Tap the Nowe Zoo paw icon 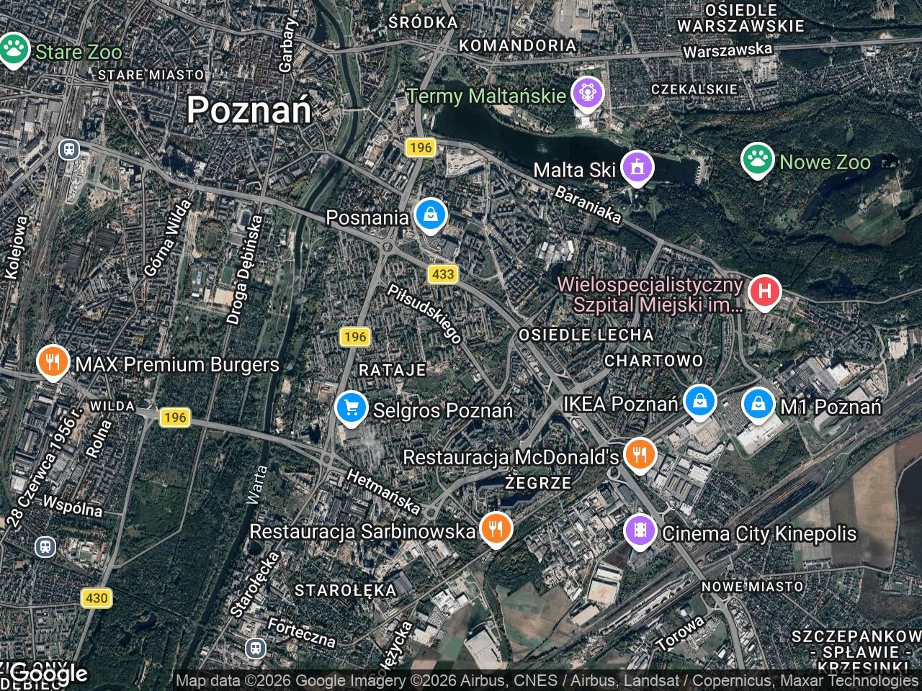pyautogui.click(x=757, y=161)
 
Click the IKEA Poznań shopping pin pyautogui.click(x=699, y=402)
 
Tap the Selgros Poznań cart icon pyautogui.click(x=351, y=408)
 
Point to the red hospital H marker pyautogui.click(x=764, y=292)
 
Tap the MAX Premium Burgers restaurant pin pyautogui.click(x=52, y=363)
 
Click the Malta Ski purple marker pyautogui.click(x=637, y=168)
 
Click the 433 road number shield pyautogui.click(x=443, y=274)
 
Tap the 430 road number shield pyautogui.click(x=96, y=597)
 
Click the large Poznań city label pyautogui.click(x=249, y=110)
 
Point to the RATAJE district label pyautogui.click(x=393, y=370)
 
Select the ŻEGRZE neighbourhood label pyautogui.click(x=538, y=483)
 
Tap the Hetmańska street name pyautogui.click(x=383, y=491)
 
